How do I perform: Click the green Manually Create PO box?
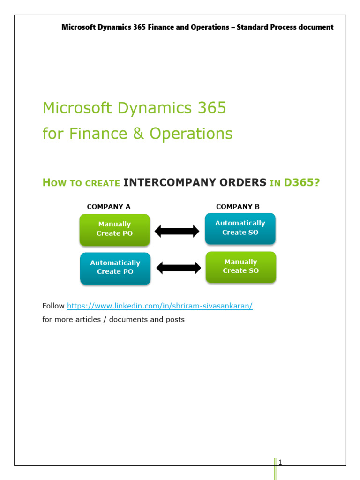pos(114,229)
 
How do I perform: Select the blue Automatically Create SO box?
pos(240,228)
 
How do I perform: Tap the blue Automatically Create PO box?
pos(115,268)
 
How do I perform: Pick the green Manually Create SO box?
pos(240,266)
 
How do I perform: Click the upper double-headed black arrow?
pos(177,231)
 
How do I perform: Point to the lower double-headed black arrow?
pos(178,268)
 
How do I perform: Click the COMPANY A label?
pos(109,206)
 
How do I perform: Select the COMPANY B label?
pos(238,206)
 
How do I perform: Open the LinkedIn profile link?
pos(160,306)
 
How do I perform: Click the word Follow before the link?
pos(53,306)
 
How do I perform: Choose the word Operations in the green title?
pos(191,134)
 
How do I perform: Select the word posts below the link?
pos(174,320)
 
